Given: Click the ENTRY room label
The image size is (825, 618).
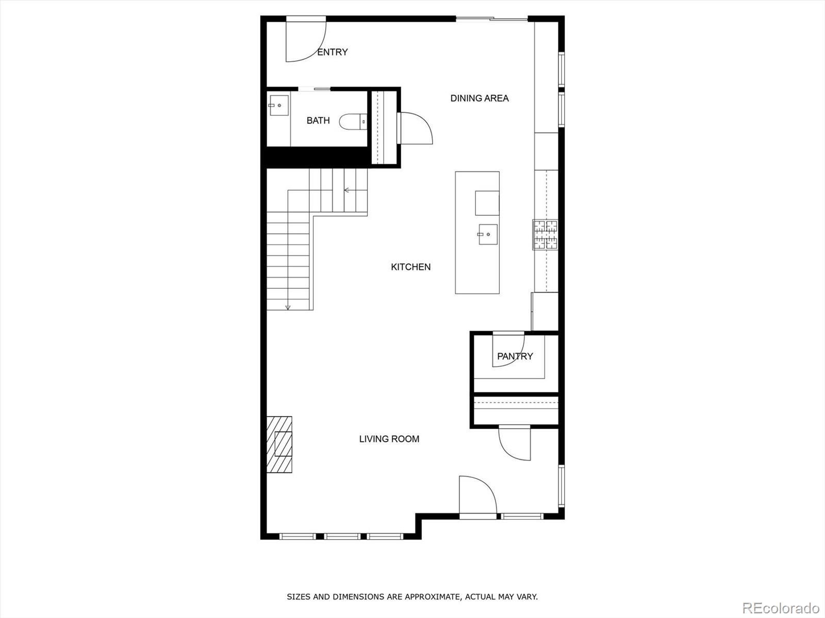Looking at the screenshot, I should click(x=332, y=52).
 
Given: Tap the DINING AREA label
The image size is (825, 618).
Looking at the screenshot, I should click(x=480, y=98).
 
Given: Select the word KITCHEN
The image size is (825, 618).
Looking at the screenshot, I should click(x=410, y=267).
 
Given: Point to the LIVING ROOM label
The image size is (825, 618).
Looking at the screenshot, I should click(x=389, y=439).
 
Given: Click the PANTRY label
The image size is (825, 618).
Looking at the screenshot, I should click(x=515, y=356).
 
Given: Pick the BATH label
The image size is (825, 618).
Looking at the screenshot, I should click(x=318, y=121).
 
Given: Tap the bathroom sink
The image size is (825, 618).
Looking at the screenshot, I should click(x=278, y=106).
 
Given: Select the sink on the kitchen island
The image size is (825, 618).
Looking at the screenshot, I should click(x=487, y=234).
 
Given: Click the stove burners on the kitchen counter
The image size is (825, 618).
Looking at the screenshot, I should click(x=545, y=234).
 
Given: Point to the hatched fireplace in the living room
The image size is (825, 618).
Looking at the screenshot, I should click(x=279, y=444).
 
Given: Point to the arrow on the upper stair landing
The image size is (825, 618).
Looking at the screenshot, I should click(x=347, y=190).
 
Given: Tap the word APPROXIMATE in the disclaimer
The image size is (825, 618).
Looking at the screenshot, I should click(x=432, y=597).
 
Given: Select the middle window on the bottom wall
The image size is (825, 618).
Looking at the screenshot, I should click(x=343, y=537).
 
